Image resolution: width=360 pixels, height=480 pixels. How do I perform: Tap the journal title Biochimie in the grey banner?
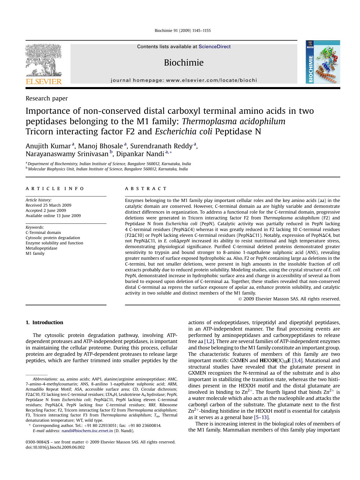point(184,63)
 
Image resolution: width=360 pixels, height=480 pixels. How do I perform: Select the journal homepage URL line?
point(184,80)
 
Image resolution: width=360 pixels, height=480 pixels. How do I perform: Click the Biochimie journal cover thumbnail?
point(323,62)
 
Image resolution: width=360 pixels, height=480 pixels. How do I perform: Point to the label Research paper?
point(47,98)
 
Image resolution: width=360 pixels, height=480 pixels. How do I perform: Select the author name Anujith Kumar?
point(48,146)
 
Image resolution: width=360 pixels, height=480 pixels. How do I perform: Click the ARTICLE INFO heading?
point(55,189)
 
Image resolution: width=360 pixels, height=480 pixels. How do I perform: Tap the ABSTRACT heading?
point(146,189)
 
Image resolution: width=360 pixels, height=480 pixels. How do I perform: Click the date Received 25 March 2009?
point(48,205)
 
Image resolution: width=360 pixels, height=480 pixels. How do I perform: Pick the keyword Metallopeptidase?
point(41,248)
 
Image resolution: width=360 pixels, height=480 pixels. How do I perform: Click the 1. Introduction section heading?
point(44,322)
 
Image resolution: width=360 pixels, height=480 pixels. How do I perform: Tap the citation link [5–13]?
point(262,417)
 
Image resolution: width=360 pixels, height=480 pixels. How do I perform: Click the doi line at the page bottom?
point(55,447)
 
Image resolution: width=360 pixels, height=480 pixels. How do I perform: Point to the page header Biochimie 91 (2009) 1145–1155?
point(182,30)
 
